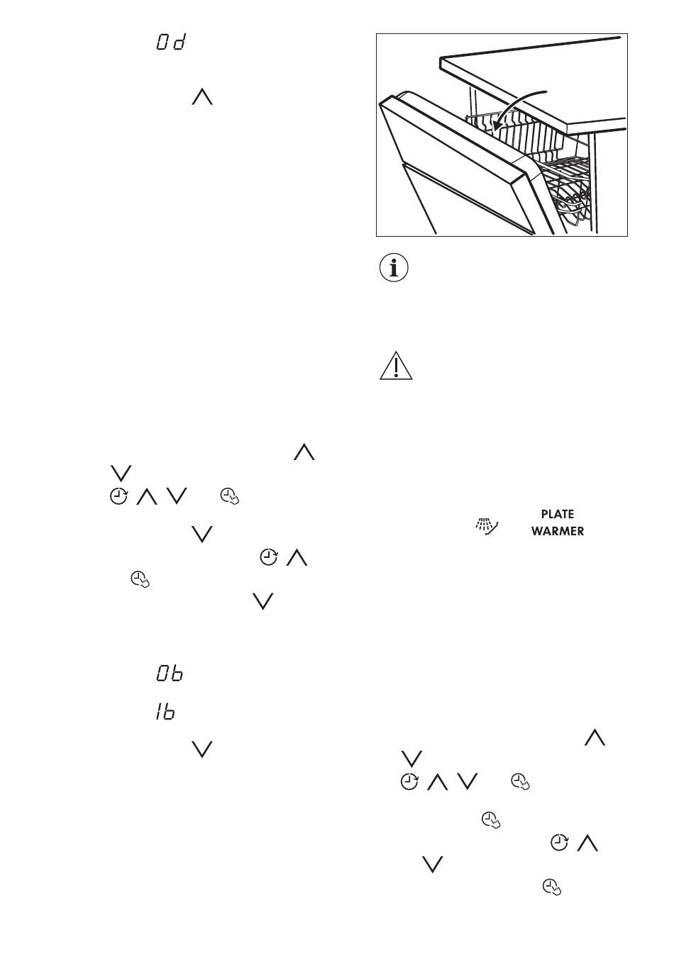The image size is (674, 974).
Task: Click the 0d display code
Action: click(170, 43)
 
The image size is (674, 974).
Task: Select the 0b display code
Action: click(170, 673)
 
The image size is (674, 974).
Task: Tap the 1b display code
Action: click(166, 712)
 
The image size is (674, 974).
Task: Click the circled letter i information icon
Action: click(394, 269)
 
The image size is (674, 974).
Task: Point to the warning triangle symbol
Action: click(395, 366)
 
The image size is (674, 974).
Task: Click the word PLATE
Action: click(557, 514)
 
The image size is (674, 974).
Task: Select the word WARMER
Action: click(557, 531)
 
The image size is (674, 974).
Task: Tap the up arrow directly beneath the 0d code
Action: click(202, 96)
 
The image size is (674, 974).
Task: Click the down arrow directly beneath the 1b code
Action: click(202, 749)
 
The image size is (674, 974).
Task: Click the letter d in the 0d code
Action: click(179, 43)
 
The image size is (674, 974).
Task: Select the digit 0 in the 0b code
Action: click(162, 673)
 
